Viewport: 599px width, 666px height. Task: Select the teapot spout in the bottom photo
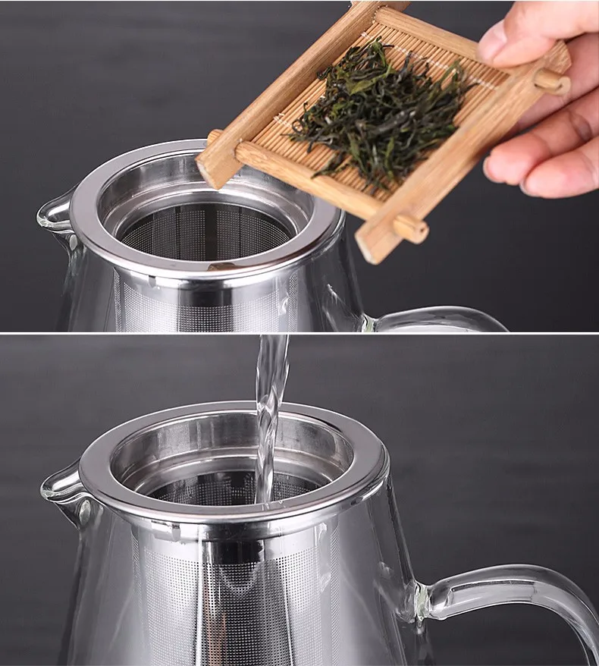coord(61,485)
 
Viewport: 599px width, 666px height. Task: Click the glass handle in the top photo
coord(440,317)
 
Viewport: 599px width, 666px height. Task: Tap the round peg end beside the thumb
coord(553,80)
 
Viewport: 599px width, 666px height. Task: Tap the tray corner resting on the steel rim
coord(212,167)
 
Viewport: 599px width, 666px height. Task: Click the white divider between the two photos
coord(299,334)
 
